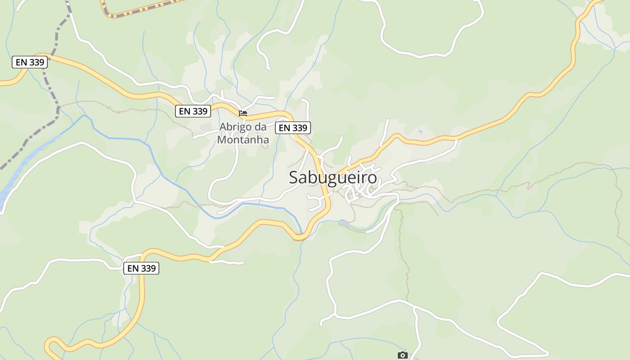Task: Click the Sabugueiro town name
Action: [333, 177]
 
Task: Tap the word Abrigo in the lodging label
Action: [234, 127]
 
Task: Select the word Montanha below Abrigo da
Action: [243, 140]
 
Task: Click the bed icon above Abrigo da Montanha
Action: [243, 113]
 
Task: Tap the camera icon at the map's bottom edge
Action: [403, 355]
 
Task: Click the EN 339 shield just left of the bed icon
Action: [193, 111]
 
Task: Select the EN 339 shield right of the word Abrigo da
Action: [293, 128]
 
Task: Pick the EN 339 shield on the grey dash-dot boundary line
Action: [30, 62]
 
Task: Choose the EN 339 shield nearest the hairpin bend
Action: [141, 268]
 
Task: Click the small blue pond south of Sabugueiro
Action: [344, 223]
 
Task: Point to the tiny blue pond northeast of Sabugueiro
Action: [420, 132]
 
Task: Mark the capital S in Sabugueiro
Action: [294, 177]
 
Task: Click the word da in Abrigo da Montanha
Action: [261, 127]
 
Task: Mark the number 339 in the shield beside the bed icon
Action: [200, 111]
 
